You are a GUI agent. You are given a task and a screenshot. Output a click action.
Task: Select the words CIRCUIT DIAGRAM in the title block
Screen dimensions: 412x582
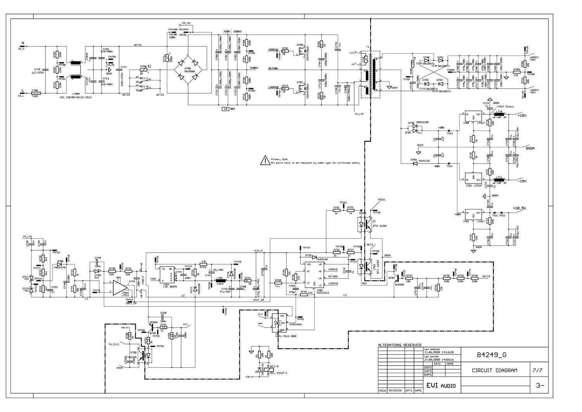coord(494,370)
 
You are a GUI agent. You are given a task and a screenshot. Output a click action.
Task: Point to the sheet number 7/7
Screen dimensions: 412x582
coord(539,370)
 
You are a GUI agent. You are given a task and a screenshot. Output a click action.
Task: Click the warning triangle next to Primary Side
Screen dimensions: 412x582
coord(265,160)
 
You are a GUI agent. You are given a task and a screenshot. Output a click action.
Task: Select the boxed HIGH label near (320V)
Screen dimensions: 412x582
coord(227,31)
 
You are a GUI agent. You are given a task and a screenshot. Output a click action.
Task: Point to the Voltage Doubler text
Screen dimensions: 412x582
coord(178,29)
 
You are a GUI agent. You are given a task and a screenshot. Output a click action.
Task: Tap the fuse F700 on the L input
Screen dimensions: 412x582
coord(35,94)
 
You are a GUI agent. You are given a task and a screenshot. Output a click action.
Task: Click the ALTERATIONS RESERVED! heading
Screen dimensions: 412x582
coord(400,345)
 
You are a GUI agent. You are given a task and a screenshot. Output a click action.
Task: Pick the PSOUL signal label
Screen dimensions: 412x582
coord(381,199)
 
